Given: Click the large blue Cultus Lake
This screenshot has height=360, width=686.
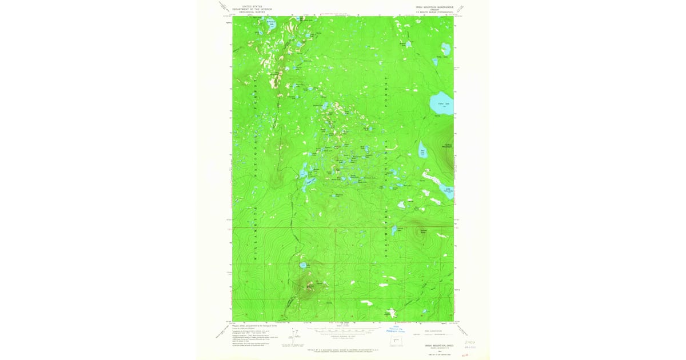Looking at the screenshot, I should click(441, 103).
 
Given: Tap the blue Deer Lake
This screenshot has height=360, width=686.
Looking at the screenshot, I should click(424, 151).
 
